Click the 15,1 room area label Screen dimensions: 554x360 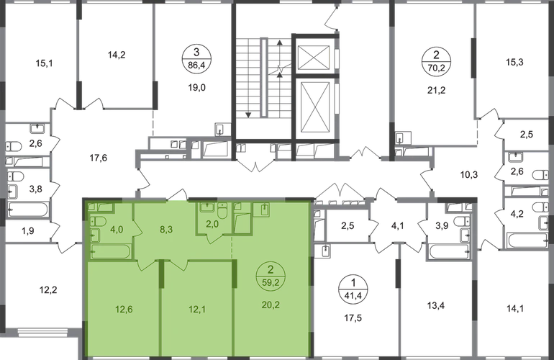pos(44,63)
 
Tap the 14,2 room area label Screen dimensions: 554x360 pos(117,55)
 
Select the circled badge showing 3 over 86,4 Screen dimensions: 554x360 pos(196,59)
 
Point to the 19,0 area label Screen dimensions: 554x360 pos(196,87)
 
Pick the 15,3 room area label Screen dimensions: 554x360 pos(514,62)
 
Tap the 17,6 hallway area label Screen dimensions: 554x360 pos(99,158)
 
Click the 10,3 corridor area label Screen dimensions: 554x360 pos(469,174)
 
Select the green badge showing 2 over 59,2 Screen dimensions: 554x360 pos(271,276)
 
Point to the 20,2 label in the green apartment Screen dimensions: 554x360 pos(271,305)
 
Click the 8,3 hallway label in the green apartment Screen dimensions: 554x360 pos(166,229)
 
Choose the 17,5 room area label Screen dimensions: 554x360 pos(353,318)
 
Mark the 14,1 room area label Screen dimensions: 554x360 pos(515,309)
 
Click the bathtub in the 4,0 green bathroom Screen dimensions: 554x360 pos(110,252)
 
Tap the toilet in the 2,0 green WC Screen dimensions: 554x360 pos(222,211)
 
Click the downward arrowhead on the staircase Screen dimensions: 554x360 pos(248,114)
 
